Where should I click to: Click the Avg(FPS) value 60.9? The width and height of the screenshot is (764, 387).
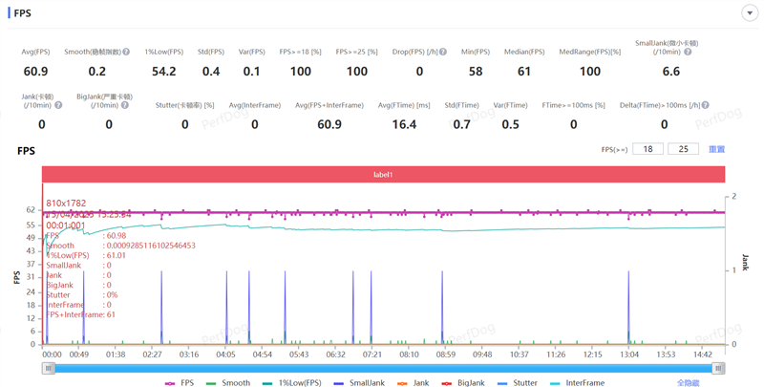35,72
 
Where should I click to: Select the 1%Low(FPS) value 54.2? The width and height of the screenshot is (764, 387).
163,72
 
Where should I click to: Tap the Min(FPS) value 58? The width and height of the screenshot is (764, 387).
475,72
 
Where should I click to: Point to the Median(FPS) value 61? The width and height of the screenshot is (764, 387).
524,72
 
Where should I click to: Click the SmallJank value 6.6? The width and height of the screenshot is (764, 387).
670,72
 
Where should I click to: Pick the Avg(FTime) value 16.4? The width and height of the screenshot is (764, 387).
404,124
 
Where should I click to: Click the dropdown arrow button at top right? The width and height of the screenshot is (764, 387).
749,13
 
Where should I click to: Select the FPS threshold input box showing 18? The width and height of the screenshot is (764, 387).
648,149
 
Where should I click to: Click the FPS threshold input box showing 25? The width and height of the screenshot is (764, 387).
683,149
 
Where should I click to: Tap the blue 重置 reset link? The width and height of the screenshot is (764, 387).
716,149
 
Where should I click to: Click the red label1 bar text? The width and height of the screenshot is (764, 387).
383,175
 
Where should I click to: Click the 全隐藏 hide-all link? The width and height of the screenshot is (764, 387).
689,382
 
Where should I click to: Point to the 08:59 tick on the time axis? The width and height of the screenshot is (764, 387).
446,354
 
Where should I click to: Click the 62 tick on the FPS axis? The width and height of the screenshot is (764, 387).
31,210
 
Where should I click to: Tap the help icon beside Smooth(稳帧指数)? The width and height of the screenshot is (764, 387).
126,52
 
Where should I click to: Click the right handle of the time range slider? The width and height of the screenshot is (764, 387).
718,368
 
